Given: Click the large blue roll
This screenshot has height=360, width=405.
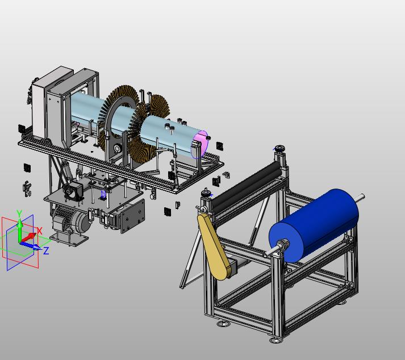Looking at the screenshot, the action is (314, 225).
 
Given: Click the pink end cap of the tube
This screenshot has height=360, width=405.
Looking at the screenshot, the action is (200, 144).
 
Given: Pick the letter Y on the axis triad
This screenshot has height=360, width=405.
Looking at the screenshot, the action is (19, 213).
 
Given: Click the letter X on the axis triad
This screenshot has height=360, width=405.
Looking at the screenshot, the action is (40, 231).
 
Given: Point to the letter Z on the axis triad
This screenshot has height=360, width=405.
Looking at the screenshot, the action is (46, 251).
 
